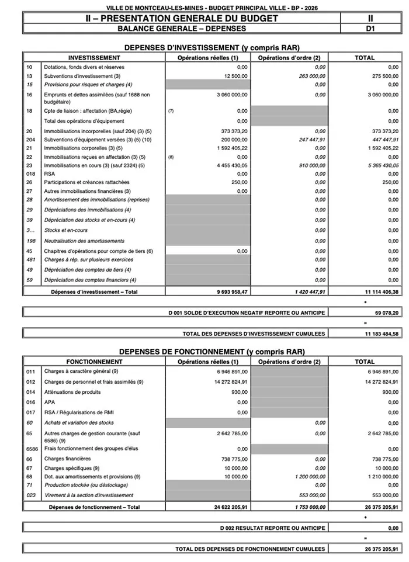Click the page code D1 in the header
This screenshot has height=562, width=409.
pyautogui.click(x=369, y=27)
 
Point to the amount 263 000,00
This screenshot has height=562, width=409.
pyautogui.click(x=309, y=76)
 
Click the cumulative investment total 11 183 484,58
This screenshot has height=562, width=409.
pyautogui.click(x=378, y=334)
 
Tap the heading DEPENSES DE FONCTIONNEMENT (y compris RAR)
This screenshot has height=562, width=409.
pyautogui.click(x=212, y=352)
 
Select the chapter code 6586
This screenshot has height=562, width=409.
pyautogui.click(x=32, y=449)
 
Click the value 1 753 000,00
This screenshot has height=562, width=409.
pyautogui.click(x=306, y=507)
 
